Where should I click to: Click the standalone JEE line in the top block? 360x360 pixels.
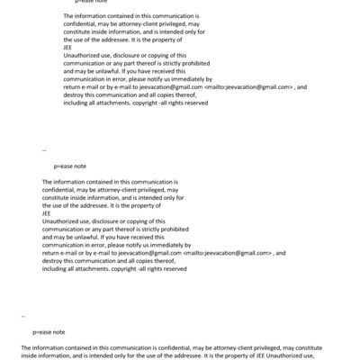point(68,49)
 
